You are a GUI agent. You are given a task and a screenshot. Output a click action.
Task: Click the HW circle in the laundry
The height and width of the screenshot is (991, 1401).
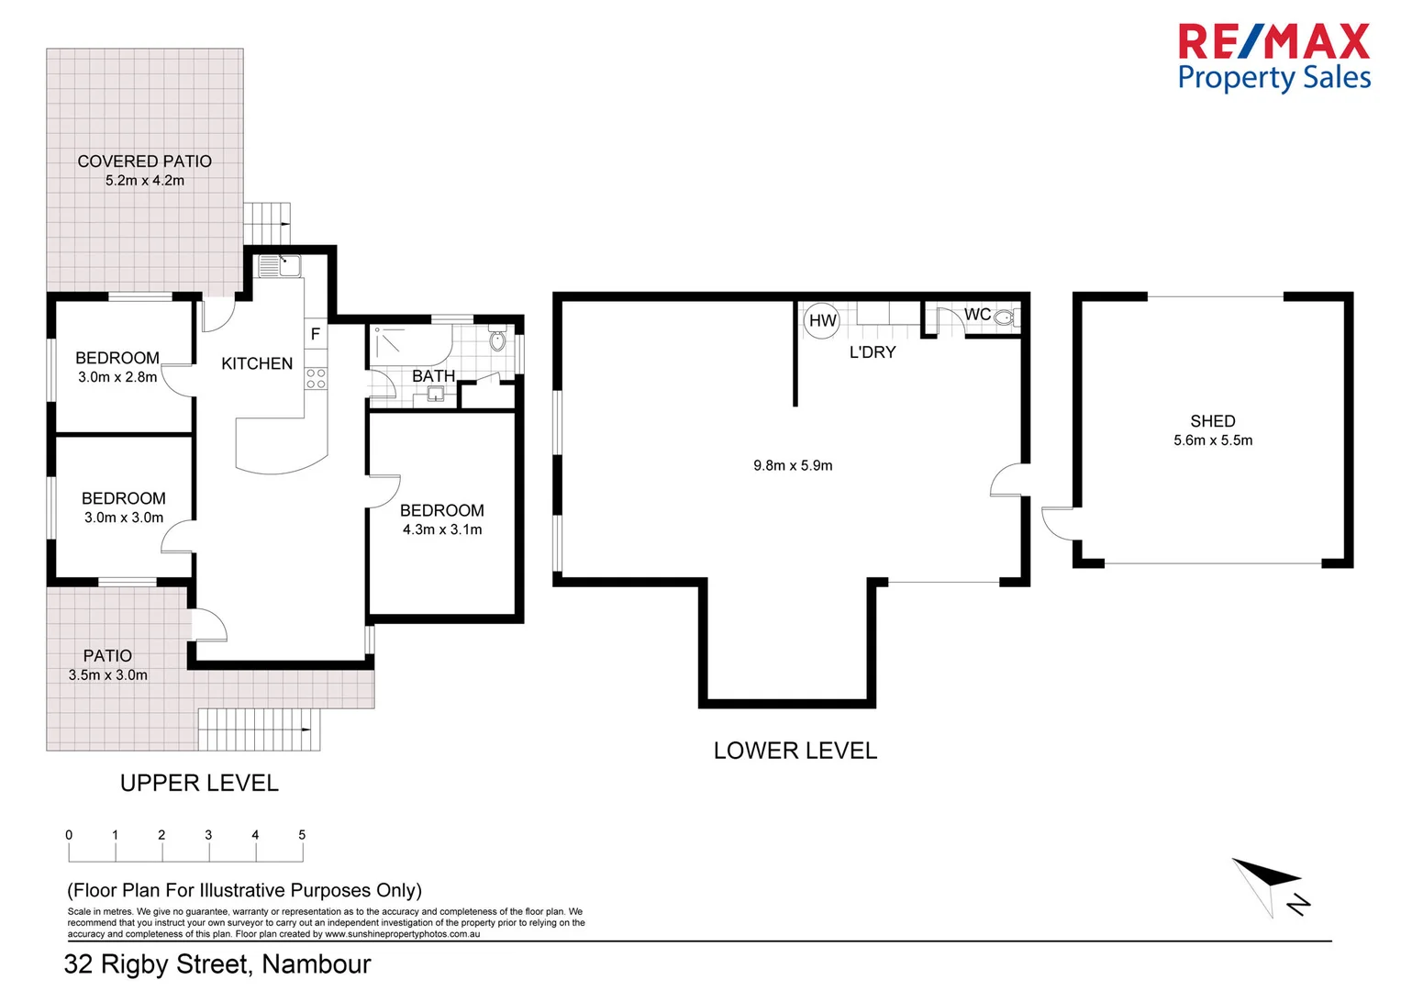click(821, 321)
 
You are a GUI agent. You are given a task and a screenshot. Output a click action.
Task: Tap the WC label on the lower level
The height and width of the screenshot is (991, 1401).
click(977, 314)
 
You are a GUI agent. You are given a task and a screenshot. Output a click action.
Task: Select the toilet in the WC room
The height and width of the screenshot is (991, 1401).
click(1006, 317)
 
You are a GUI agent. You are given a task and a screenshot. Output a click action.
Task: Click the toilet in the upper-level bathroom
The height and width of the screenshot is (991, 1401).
click(497, 340)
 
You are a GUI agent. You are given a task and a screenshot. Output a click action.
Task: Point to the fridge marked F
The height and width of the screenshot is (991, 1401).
click(316, 334)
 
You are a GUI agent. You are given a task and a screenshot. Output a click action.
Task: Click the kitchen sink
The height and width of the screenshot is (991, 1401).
click(280, 266)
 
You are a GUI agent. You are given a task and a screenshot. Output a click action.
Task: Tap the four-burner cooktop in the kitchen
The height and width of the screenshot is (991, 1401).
click(316, 378)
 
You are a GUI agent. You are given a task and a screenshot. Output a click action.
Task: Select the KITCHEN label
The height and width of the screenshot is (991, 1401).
click(257, 363)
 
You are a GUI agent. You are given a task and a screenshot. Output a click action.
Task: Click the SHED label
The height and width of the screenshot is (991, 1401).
click(1213, 421)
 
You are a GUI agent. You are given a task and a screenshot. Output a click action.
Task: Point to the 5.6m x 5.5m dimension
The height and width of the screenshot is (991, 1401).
click(1213, 440)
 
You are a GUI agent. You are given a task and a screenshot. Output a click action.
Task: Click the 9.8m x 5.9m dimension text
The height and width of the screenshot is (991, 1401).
click(793, 465)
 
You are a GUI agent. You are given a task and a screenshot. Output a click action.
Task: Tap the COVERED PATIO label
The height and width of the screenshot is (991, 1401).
click(144, 161)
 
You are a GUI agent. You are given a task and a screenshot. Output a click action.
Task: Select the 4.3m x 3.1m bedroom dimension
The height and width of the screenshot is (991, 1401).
click(442, 530)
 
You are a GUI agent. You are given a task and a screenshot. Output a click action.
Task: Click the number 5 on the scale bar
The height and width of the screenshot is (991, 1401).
click(302, 835)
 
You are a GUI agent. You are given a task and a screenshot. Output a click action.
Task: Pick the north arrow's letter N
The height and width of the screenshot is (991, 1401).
click(1298, 905)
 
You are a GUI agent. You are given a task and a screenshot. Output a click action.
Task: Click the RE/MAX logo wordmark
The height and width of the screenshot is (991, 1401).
click(1274, 42)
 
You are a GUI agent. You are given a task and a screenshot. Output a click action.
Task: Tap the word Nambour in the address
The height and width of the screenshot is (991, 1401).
click(317, 964)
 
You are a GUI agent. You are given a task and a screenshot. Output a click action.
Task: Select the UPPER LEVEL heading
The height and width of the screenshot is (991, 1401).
click(199, 784)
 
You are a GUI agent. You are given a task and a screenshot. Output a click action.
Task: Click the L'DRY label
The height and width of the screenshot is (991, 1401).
click(873, 352)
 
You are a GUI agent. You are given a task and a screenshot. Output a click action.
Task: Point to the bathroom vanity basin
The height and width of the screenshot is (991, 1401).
click(435, 395)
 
